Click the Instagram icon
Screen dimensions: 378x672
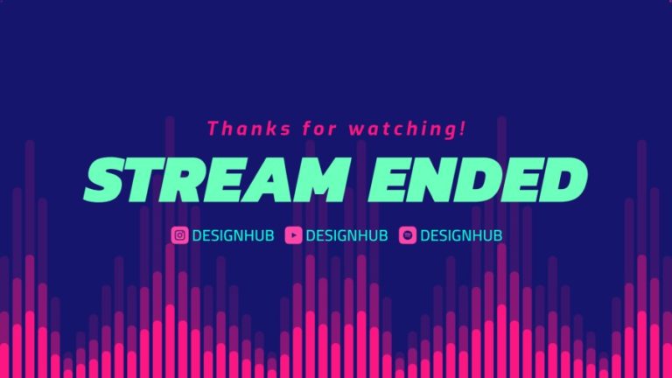tap(179, 234)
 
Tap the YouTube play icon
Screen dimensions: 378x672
tap(293, 234)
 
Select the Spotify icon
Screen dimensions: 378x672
tap(407, 234)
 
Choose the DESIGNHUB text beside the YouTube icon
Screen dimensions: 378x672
tap(346, 234)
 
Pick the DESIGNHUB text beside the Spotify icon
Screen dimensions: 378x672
tap(461, 234)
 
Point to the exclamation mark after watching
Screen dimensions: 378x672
tap(462, 128)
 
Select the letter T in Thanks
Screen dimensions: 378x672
tap(212, 129)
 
